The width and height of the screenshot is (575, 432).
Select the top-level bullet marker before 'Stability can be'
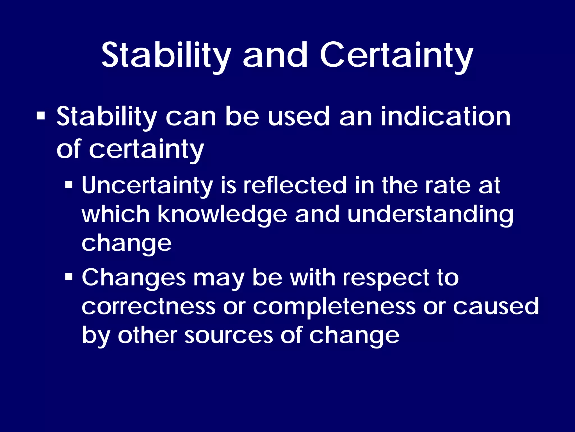click(41, 116)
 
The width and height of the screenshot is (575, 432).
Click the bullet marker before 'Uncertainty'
click(69, 185)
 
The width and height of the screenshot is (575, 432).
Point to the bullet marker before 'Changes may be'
click(69, 277)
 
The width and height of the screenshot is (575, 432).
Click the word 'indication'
click(446, 117)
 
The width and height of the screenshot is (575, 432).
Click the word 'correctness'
click(149, 307)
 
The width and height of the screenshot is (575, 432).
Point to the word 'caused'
click(496, 307)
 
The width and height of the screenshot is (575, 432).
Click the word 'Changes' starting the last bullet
click(134, 278)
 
